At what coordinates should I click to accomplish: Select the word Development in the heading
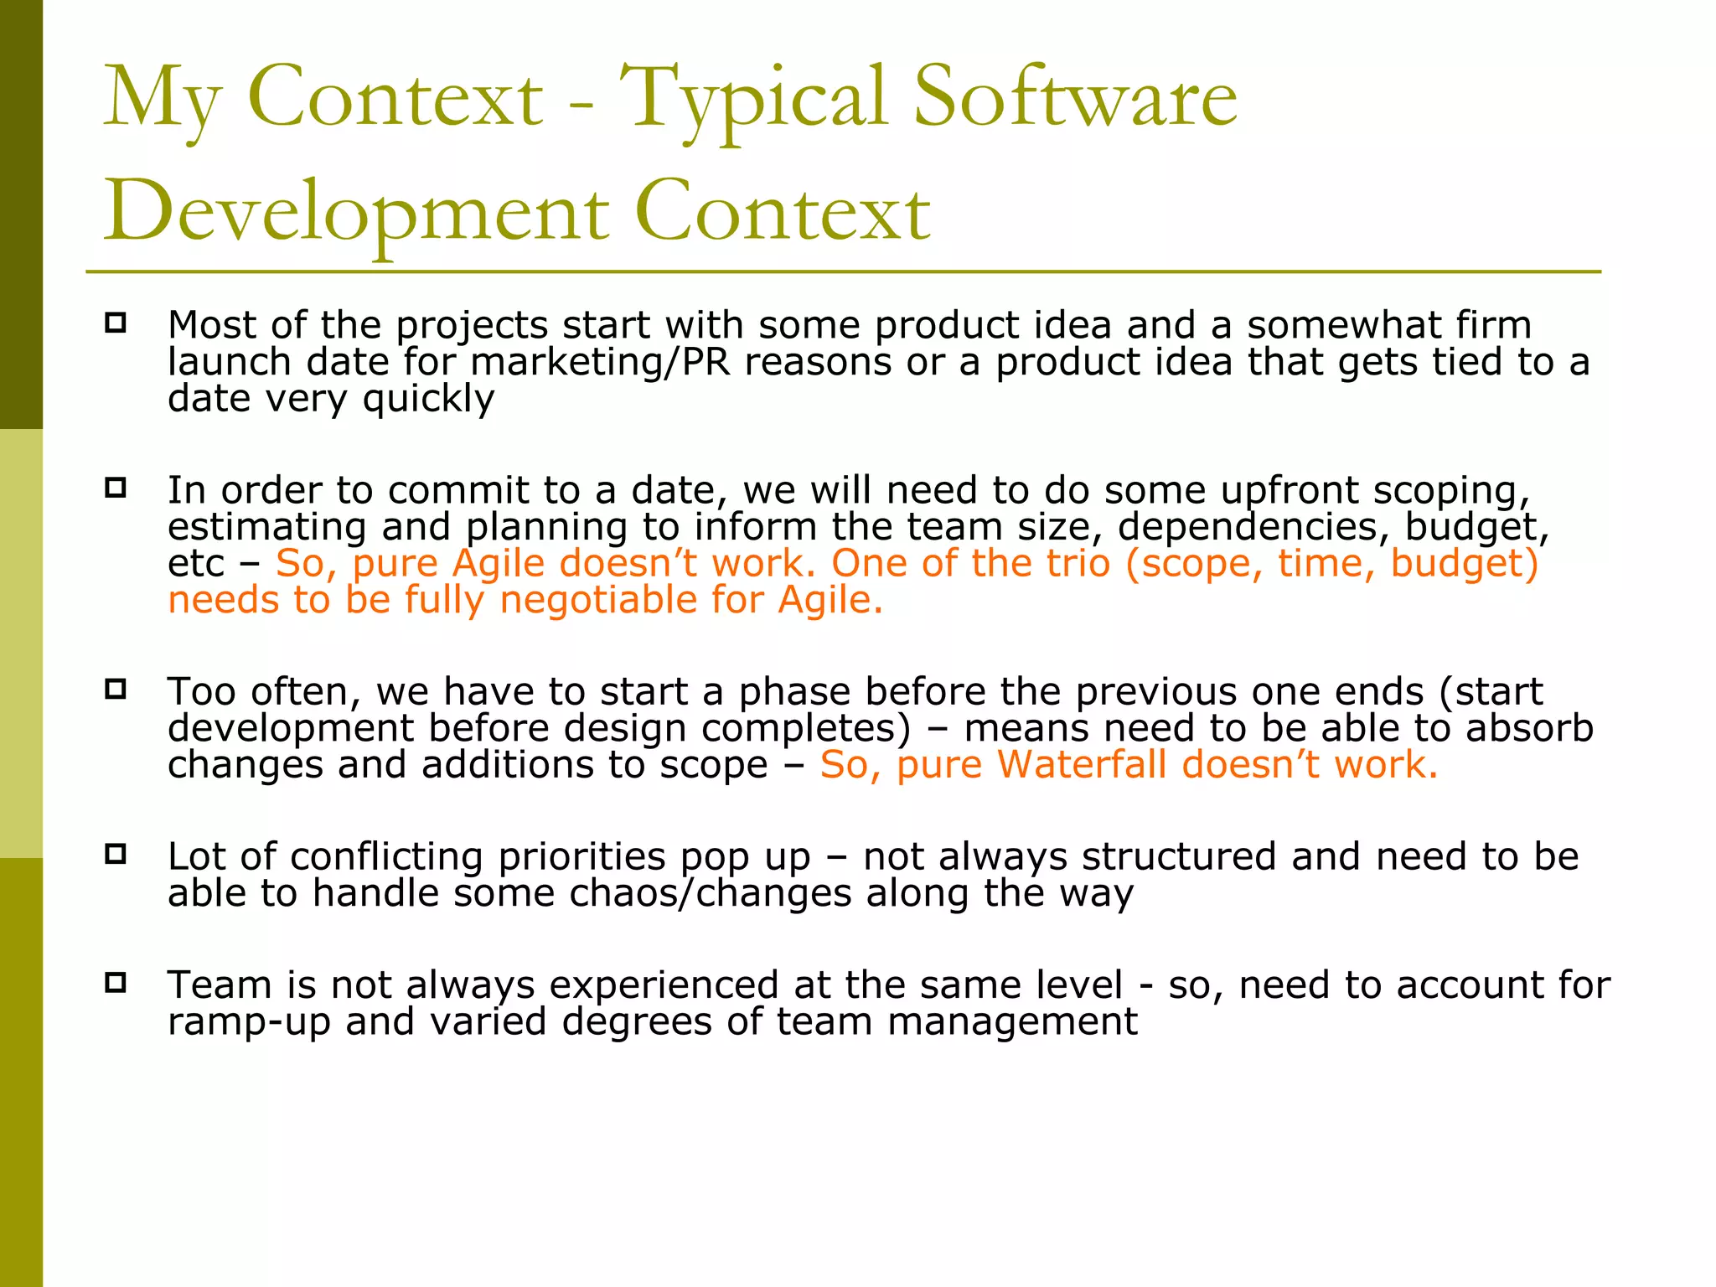coord(356,214)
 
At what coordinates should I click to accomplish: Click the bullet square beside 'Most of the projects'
coord(116,323)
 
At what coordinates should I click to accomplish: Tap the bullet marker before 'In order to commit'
coord(116,488)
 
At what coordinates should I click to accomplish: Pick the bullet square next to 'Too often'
coord(116,690)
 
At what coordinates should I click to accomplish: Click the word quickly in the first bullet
coord(428,400)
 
